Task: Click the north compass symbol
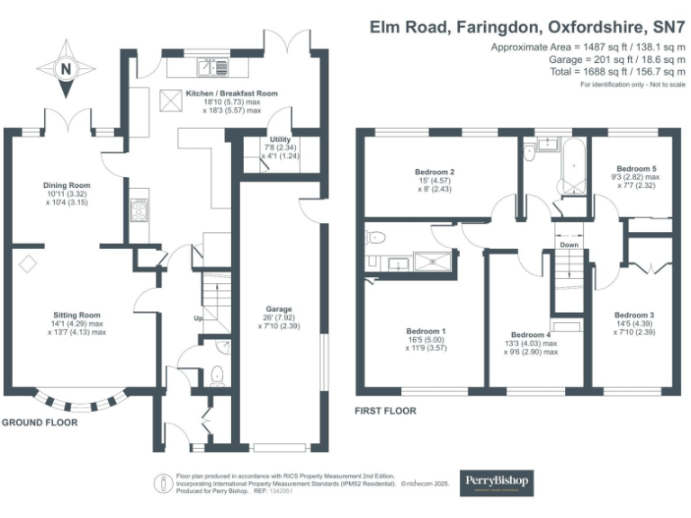[x=64, y=68]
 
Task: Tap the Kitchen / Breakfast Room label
[x=231, y=93]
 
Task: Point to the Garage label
[x=278, y=308]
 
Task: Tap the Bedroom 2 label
[x=434, y=172]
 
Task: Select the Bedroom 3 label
[x=633, y=315]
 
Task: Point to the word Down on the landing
[x=569, y=244]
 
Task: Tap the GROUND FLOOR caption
[x=39, y=422]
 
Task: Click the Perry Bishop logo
[x=496, y=483]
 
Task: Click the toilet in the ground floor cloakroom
[x=216, y=374]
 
